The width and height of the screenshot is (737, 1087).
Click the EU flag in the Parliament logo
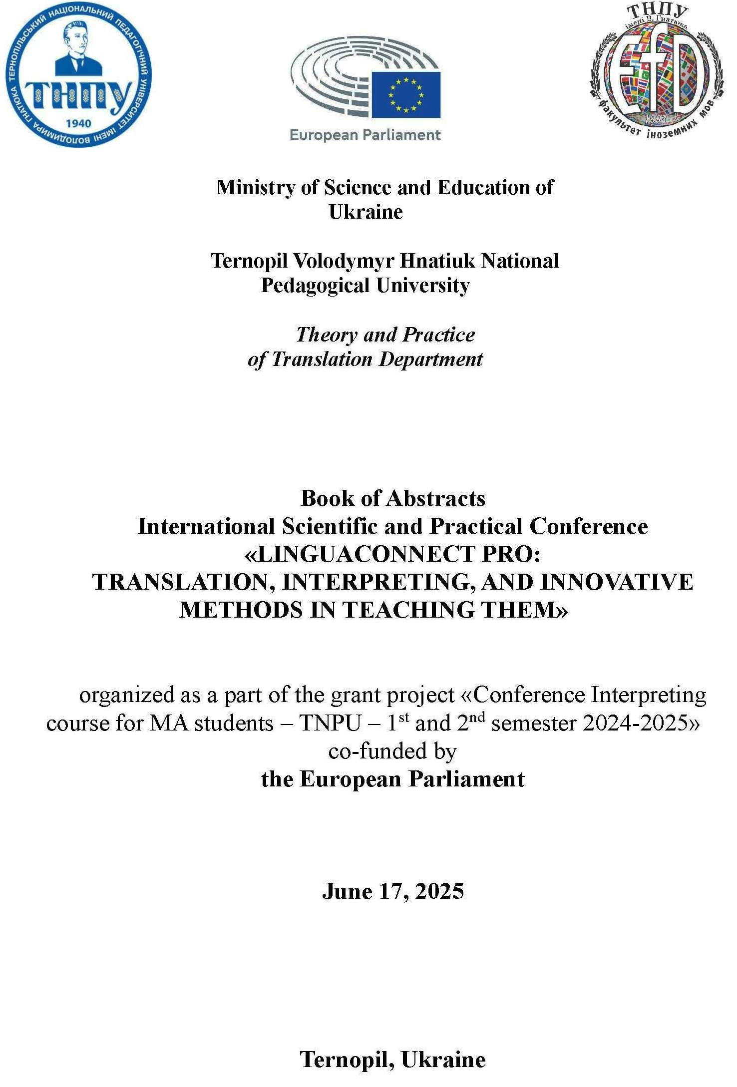[405, 94]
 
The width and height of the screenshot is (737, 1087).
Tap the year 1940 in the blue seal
[78, 123]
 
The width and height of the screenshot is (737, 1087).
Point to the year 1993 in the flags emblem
[655, 120]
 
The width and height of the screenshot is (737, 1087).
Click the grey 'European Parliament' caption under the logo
[365, 135]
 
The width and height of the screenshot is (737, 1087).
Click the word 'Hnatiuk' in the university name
[438, 261]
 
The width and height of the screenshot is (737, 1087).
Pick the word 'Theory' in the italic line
[327, 335]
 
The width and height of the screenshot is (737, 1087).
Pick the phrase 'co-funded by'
[392, 751]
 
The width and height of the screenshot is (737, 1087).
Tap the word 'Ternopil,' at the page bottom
[348, 1060]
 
